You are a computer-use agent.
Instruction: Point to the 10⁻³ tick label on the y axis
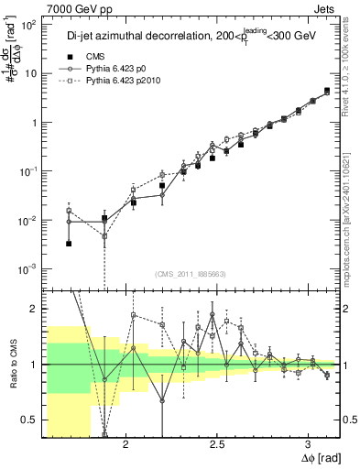pyautogui.click(x=29, y=268)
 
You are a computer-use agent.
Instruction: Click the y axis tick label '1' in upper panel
pyautogui.click(x=35, y=123)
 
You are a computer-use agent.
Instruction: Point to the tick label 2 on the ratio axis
pyautogui.click(x=35, y=310)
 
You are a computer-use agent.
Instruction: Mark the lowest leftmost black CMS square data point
pyautogui.click(x=70, y=244)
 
